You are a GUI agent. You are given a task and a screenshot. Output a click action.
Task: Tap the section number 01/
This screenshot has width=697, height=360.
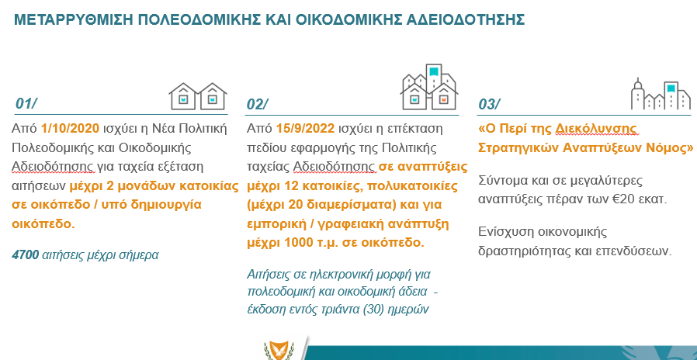click(26, 103)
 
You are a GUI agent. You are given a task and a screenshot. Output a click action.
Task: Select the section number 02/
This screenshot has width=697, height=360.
click(258, 104)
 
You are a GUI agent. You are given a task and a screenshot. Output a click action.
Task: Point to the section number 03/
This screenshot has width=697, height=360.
click(489, 104)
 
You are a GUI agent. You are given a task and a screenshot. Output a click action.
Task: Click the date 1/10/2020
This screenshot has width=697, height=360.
click(70, 129)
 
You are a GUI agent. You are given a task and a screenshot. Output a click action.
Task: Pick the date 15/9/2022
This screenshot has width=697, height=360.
click(305, 129)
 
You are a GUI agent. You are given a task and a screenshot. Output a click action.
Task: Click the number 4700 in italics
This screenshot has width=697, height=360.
click(26, 255)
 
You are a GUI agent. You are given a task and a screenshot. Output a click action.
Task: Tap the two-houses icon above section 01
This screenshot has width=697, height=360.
click(198, 96)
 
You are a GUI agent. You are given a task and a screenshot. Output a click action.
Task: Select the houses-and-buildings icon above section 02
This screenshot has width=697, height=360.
click(429, 87)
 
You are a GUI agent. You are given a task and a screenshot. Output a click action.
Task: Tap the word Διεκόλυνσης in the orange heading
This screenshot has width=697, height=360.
click(597, 130)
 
